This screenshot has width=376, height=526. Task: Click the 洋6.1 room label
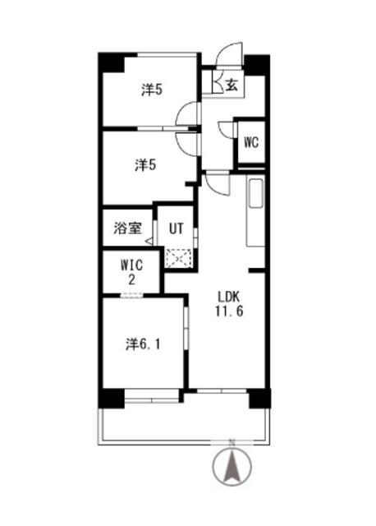pyautogui.click(x=143, y=344)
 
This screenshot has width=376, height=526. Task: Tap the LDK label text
pyautogui.click(x=229, y=297)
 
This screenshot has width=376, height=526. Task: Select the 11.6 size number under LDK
pyautogui.click(x=229, y=311)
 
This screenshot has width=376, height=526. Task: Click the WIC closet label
pyautogui.click(x=132, y=265)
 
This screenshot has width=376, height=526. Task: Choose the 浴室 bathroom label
pyautogui.click(x=126, y=229)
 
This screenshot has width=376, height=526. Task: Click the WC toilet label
pyautogui.click(x=250, y=141)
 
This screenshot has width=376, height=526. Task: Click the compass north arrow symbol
pyautogui.click(x=232, y=468)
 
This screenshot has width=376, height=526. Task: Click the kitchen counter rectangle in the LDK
pyautogui.click(x=254, y=211)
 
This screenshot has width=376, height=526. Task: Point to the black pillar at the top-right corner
pyautogui.click(x=258, y=64)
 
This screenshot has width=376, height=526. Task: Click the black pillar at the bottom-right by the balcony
pyautogui.click(x=259, y=399)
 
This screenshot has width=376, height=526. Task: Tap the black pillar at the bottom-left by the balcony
pyautogui.click(x=110, y=399)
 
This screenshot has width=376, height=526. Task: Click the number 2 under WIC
pyautogui.click(x=131, y=279)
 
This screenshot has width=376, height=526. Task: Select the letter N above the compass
pyautogui.click(x=232, y=443)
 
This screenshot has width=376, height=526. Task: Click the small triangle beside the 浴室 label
pyautogui.click(x=149, y=240)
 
